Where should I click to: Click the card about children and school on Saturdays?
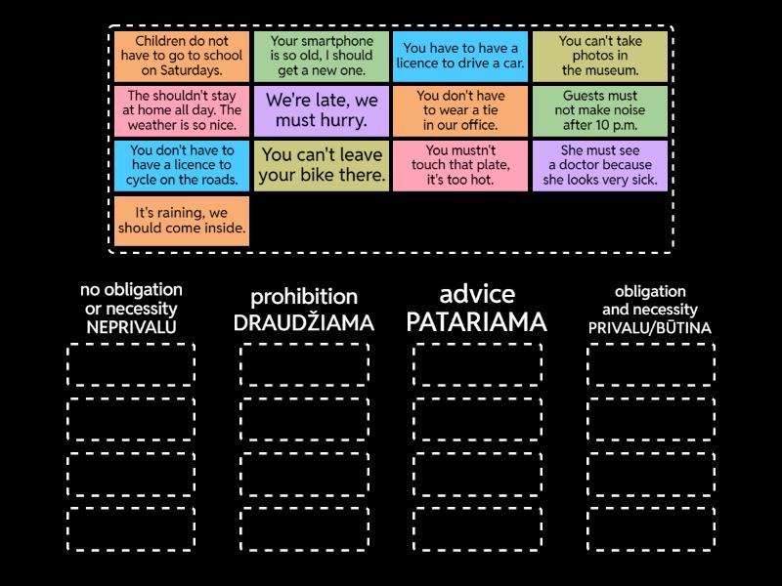click(182, 56)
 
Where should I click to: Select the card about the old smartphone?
click(322, 56)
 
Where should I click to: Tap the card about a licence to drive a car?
click(460, 56)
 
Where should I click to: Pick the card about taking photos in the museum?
click(600, 56)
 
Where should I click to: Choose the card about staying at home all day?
click(182, 110)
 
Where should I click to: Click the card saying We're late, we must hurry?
click(322, 110)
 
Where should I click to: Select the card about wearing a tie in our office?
click(460, 110)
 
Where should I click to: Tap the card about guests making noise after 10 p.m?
click(600, 110)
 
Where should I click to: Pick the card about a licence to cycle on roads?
click(182, 165)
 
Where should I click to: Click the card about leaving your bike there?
click(322, 165)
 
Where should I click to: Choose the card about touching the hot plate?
click(460, 165)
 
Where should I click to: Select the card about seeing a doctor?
click(600, 165)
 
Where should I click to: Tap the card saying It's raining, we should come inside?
click(182, 220)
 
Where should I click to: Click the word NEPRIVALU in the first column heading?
click(131, 327)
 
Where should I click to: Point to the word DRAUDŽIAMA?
click(304, 323)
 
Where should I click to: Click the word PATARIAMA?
click(477, 322)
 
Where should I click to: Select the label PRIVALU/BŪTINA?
click(650, 328)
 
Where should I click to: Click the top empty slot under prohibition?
click(304, 364)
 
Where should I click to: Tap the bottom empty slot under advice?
click(477, 528)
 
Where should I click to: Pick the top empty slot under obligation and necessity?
click(650, 364)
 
